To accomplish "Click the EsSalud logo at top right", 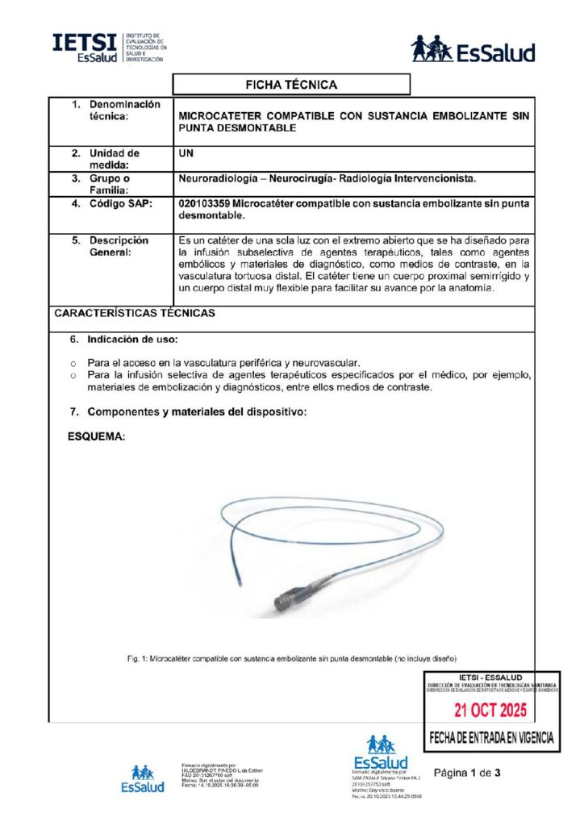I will click(x=473, y=49).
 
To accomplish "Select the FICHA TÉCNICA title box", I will click(x=291, y=85).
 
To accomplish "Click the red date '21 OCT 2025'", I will click(x=490, y=711).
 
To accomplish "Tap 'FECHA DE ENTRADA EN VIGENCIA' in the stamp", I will click(x=490, y=737).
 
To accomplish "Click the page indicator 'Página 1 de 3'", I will click(x=468, y=773).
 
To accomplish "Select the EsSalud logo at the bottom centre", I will click(x=380, y=753).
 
